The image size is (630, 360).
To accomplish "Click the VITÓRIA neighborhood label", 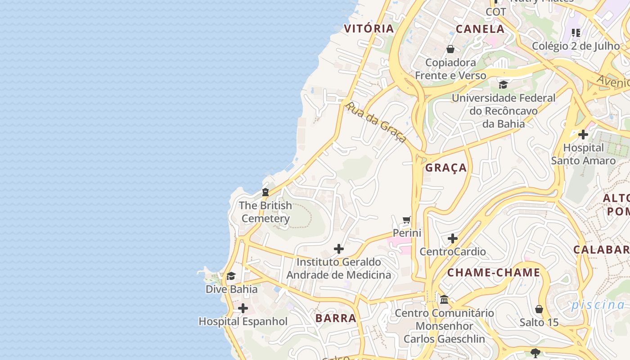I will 369,29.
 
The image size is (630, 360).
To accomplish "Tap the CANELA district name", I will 480,29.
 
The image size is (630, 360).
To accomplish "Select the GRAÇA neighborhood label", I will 446,168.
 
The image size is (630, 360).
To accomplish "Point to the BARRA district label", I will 336,318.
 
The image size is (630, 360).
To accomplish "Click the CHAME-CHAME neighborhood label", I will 493,273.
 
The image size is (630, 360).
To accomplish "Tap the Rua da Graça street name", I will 376,122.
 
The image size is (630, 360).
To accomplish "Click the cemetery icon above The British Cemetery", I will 265,193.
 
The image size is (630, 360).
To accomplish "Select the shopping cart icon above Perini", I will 407,220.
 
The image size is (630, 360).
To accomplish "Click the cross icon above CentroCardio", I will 453,238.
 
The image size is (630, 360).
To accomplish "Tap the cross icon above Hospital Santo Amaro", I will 583,135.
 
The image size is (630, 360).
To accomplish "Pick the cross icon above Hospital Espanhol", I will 243,308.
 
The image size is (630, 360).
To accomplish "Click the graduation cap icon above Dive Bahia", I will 231,276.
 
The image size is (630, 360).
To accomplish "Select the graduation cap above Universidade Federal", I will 503,85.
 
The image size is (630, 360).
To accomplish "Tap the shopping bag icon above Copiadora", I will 450,49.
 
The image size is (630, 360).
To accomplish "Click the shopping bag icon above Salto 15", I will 539,309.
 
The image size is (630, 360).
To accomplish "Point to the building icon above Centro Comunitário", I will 444,300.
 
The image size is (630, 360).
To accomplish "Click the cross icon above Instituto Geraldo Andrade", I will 339,249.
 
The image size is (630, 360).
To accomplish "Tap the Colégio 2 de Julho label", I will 576,46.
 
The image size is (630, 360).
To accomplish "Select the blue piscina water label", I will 598,305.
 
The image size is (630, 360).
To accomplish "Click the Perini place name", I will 407,233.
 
